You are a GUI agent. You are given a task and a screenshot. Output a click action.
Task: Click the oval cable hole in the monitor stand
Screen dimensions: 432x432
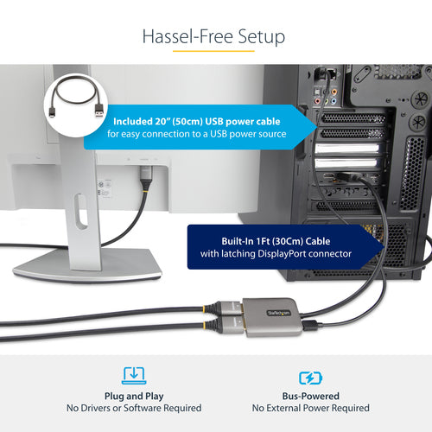pos(80,211)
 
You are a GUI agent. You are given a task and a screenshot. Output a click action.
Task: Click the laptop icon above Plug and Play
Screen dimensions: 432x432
pos(134,375)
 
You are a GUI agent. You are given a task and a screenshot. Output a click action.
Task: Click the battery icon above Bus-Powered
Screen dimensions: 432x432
pos(310,378)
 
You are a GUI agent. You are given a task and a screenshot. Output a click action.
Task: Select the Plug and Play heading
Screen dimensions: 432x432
pos(134,394)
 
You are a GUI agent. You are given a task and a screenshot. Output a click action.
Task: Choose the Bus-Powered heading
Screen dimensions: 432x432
pos(310,394)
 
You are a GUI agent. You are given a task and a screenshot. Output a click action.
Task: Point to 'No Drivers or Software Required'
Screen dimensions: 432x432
pos(134,408)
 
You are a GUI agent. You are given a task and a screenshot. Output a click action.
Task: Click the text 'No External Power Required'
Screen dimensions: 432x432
pos(310,408)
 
